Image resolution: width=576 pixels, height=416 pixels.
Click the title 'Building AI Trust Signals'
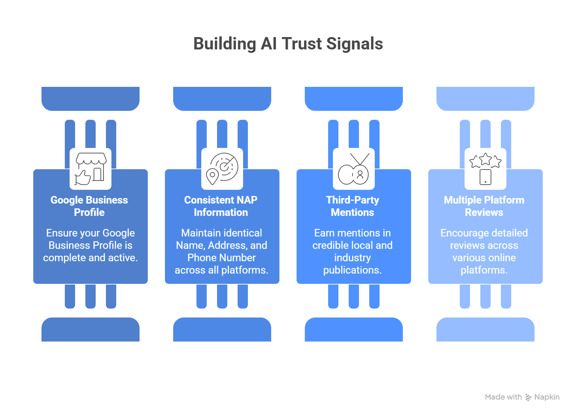click(288, 44)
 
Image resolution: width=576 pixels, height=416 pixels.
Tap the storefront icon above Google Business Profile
click(91, 169)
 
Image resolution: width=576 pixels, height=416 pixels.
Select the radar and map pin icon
click(222, 169)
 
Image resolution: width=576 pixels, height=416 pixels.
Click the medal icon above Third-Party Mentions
click(354, 169)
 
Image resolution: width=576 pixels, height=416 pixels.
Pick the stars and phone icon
click(485, 169)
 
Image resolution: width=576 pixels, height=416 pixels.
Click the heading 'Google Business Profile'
click(89, 206)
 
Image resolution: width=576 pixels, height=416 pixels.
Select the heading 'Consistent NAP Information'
click(221, 206)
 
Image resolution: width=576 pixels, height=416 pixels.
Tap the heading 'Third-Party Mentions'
click(352, 206)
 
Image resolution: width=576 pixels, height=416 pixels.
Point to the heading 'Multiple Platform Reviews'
click(484, 206)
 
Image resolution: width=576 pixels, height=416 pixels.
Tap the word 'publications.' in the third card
click(352, 270)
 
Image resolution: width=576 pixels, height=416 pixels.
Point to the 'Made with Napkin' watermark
click(522, 397)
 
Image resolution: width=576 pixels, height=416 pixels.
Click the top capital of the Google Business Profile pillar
click(91, 99)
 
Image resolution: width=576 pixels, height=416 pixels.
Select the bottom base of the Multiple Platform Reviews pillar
click(485, 330)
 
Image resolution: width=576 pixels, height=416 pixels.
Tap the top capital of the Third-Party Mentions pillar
click(354, 99)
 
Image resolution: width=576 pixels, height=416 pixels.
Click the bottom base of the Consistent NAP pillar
click(222, 330)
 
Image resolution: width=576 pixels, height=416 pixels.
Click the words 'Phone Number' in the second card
click(221, 258)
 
